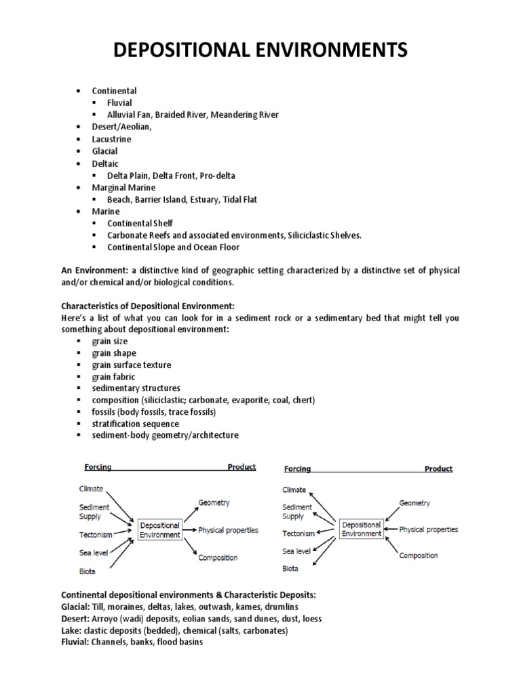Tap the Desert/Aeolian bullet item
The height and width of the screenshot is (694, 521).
click(x=122, y=127)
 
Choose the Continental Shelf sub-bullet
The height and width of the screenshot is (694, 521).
click(x=141, y=223)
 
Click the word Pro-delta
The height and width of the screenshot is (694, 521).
click(x=217, y=176)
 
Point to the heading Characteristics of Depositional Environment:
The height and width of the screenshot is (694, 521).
click(x=147, y=306)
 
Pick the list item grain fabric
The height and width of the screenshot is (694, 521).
click(x=114, y=376)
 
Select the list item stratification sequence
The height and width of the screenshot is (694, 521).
click(x=136, y=424)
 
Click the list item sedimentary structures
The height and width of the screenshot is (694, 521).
click(x=136, y=388)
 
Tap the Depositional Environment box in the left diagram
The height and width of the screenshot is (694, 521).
click(x=160, y=529)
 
